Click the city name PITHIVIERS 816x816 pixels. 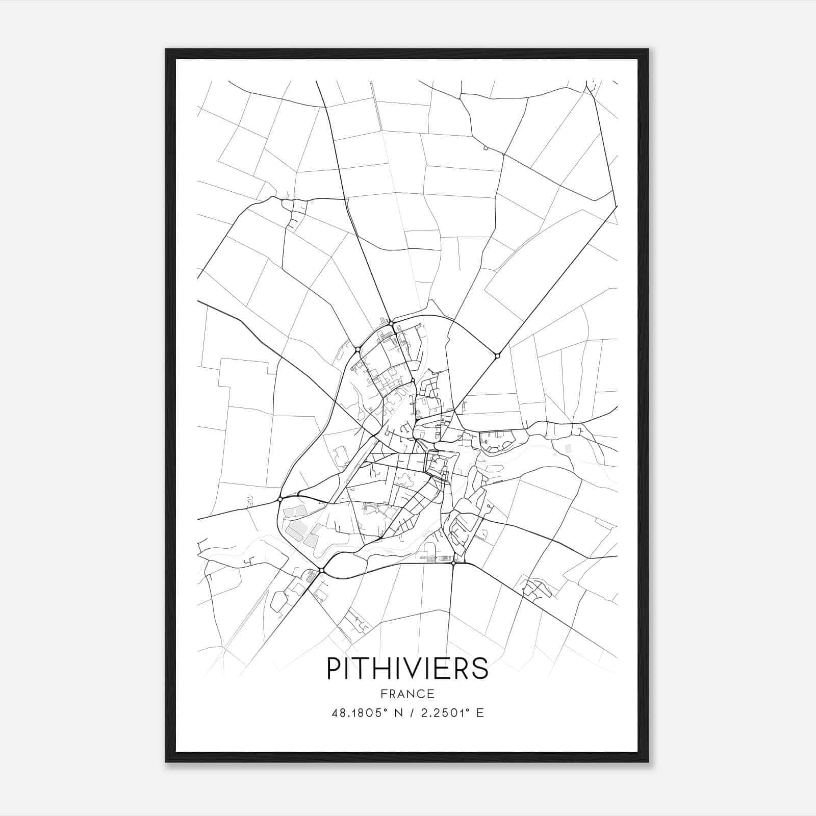(407, 668)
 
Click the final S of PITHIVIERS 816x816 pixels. (480, 668)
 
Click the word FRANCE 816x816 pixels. (407, 694)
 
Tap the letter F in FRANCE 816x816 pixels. (384, 694)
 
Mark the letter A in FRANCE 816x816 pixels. (403, 694)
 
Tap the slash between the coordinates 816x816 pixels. (412, 713)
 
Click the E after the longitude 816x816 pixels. (480, 713)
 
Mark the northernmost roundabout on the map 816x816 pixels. (391, 323)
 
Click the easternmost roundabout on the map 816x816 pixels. (497, 356)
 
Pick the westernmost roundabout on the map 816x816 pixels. (280, 498)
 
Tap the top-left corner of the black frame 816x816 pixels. (166, 49)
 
